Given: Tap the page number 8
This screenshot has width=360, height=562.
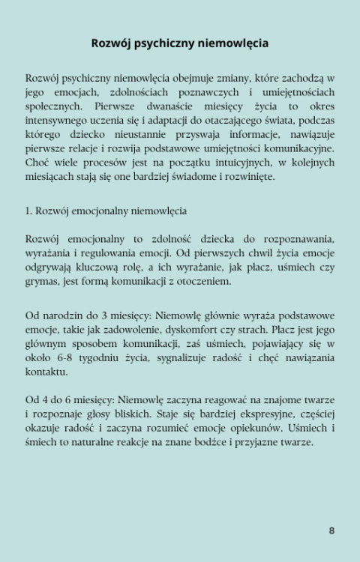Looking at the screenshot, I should (x=331, y=531).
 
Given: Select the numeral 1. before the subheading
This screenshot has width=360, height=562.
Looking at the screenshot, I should (x=28, y=211).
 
